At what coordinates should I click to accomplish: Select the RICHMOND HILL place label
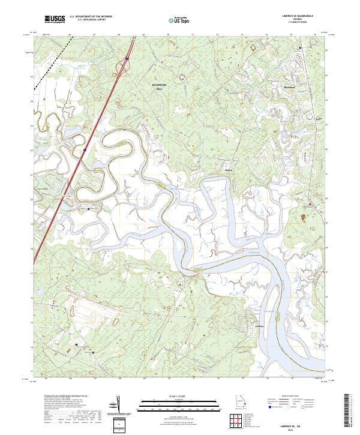[158, 88]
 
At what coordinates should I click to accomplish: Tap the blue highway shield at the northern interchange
[128, 59]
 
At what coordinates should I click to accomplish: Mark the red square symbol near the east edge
[310, 205]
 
